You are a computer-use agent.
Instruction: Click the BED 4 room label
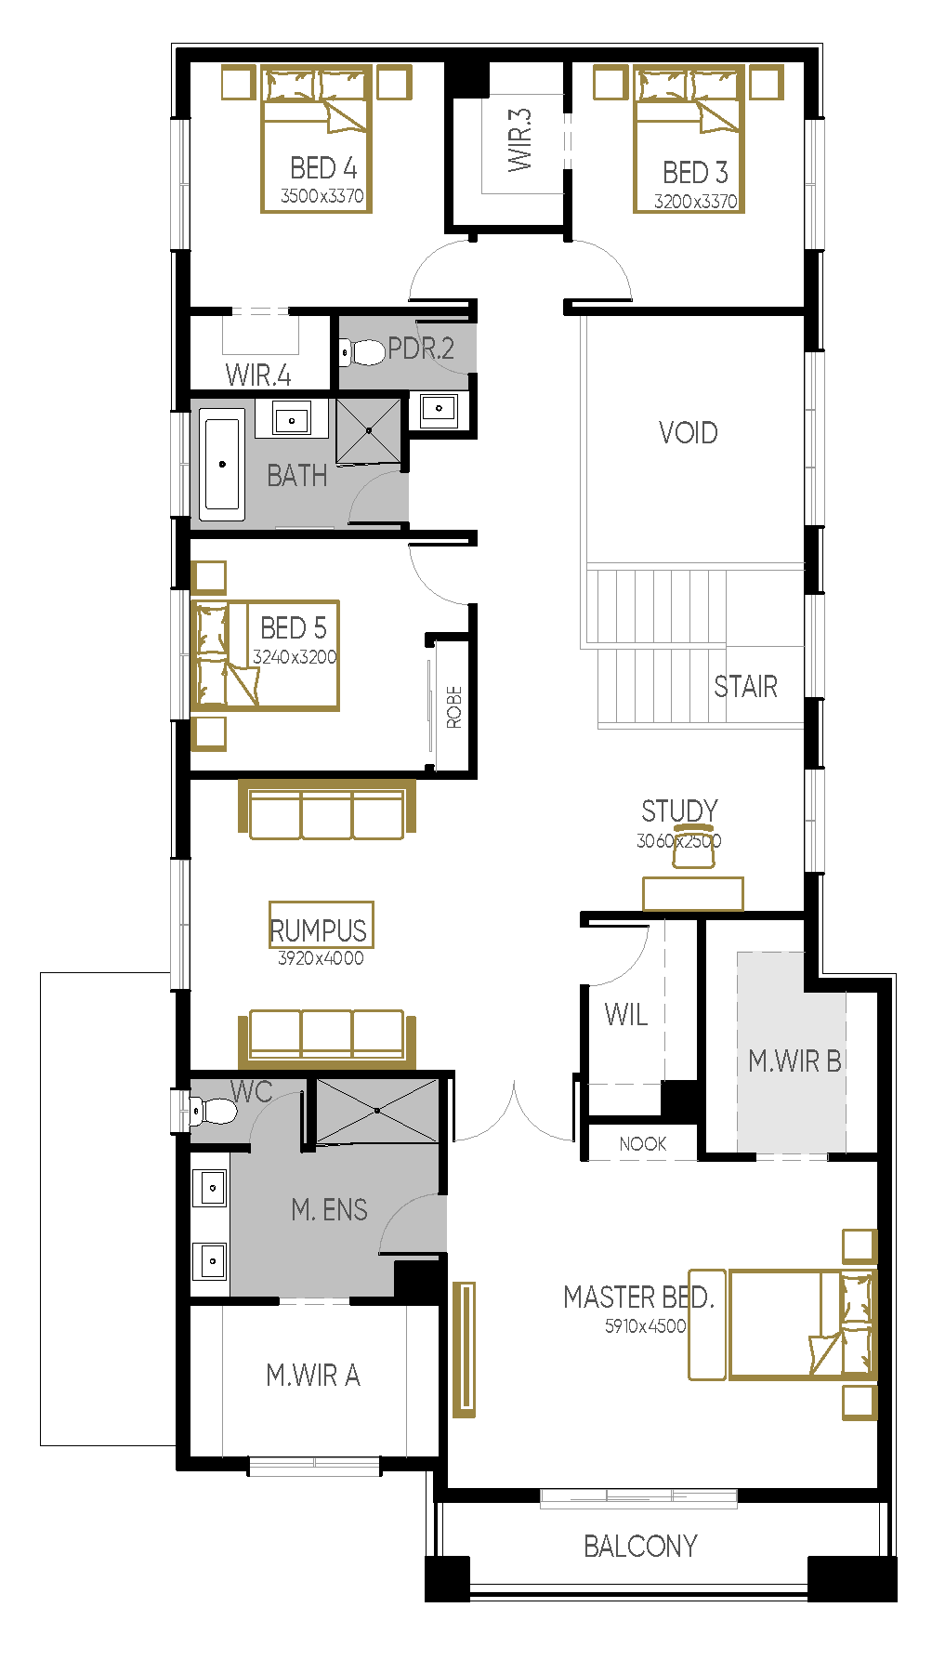click(323, 168)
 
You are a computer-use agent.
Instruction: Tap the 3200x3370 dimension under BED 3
click(695, 201)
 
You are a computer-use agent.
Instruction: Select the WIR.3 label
click(520, 139)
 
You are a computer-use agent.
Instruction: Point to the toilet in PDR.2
click(361, 352)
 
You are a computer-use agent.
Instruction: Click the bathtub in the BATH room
click(222, 464)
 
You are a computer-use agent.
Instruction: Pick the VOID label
click(689, 433)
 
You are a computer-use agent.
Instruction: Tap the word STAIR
click(745, 687)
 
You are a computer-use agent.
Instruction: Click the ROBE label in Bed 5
click(454, 706)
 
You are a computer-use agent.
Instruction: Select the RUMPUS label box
click(321, 925)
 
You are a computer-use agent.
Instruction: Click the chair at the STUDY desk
click(693, 846)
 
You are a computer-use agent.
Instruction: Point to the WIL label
click(626, 1014)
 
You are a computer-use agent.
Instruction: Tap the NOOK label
click(643, 1144)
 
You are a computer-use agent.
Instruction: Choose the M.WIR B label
click(795, 1061)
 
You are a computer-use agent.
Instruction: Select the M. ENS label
click(329, 1209)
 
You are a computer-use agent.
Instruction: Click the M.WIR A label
click(313, 1375)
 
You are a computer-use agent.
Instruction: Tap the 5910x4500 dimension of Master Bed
click(645, 1326)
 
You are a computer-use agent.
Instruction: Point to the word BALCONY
click(640, 1546)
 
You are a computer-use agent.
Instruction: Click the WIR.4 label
click(258, 375)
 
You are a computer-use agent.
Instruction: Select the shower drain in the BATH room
click(369, 431)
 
